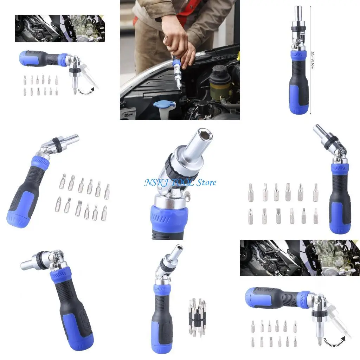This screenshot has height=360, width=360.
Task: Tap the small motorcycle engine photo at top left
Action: point(60,28)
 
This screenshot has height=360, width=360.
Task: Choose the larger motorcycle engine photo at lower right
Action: point(300,258)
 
